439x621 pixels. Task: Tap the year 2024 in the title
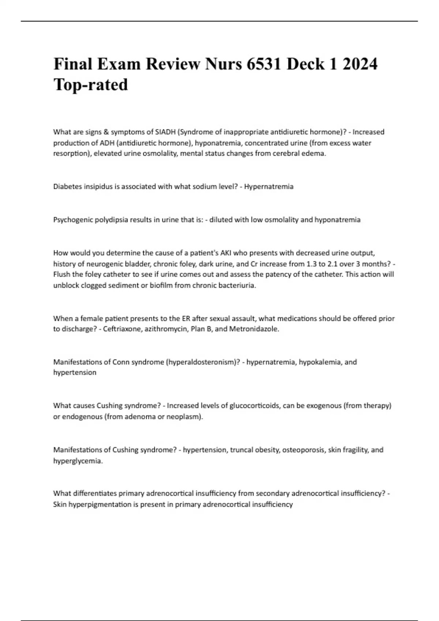pyautogui.click(x=360, y=64)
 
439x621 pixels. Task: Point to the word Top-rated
pyautogui.click(x=91, y=85)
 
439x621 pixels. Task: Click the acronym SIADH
pyautogui.click(x=165, y=132)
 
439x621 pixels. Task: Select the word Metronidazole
pyautogui.click(x=254, y=329)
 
